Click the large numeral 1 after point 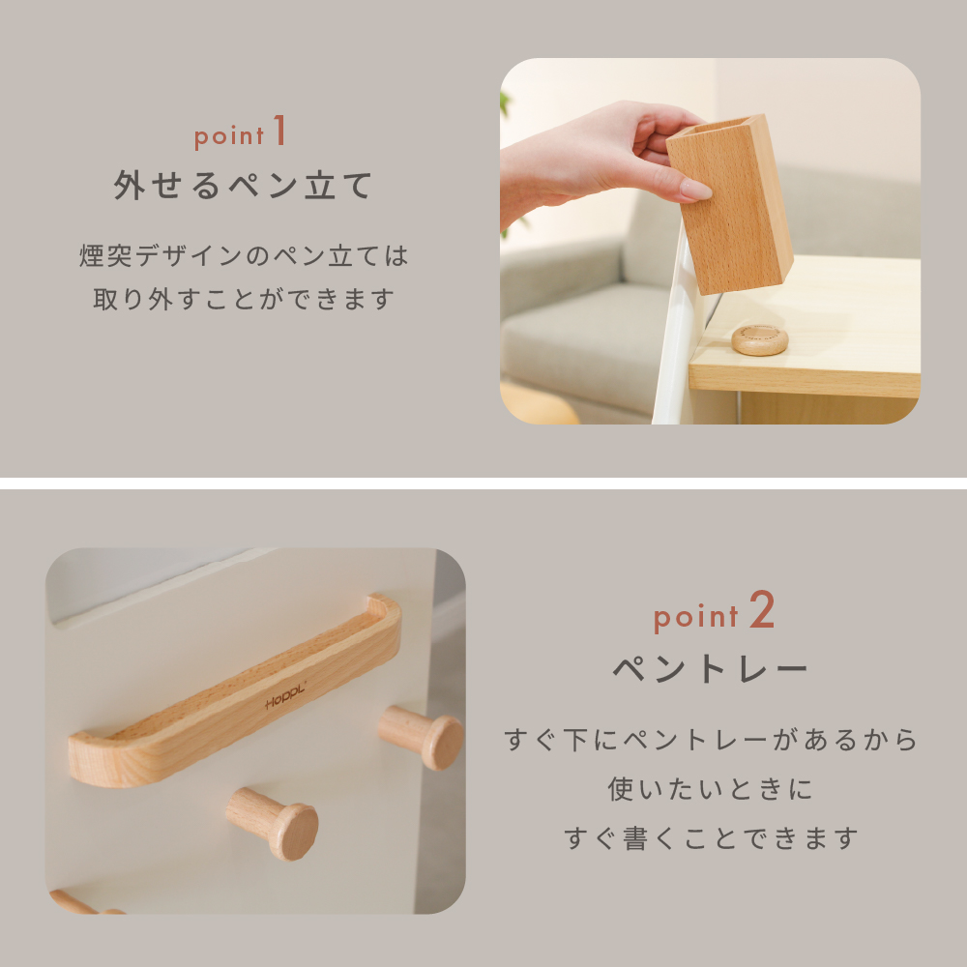click(279, 130)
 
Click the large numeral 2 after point click(762, 609)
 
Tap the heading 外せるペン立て click(243, 185)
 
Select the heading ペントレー click(711, 668)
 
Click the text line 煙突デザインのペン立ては click(244, 255)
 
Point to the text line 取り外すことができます click(244, 299)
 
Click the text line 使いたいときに click(711, 789)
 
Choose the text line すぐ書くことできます click(711, 838)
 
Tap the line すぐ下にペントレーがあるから click(711, 740)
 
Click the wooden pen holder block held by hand click(731, 203)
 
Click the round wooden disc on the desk click(759, 339)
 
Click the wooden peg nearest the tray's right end click(423, 737)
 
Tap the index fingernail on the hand click(695, 190)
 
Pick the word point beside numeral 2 click(695, 617)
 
